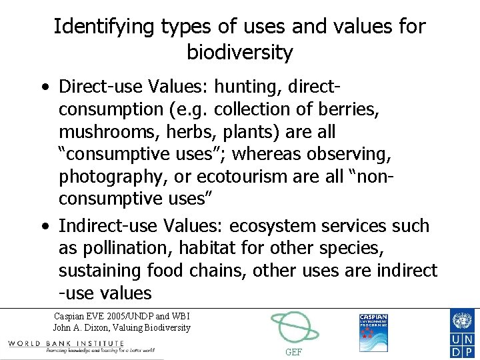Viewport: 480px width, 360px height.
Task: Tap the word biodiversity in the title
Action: pos(239,52)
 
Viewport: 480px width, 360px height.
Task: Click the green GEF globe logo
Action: pos(294,327)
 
